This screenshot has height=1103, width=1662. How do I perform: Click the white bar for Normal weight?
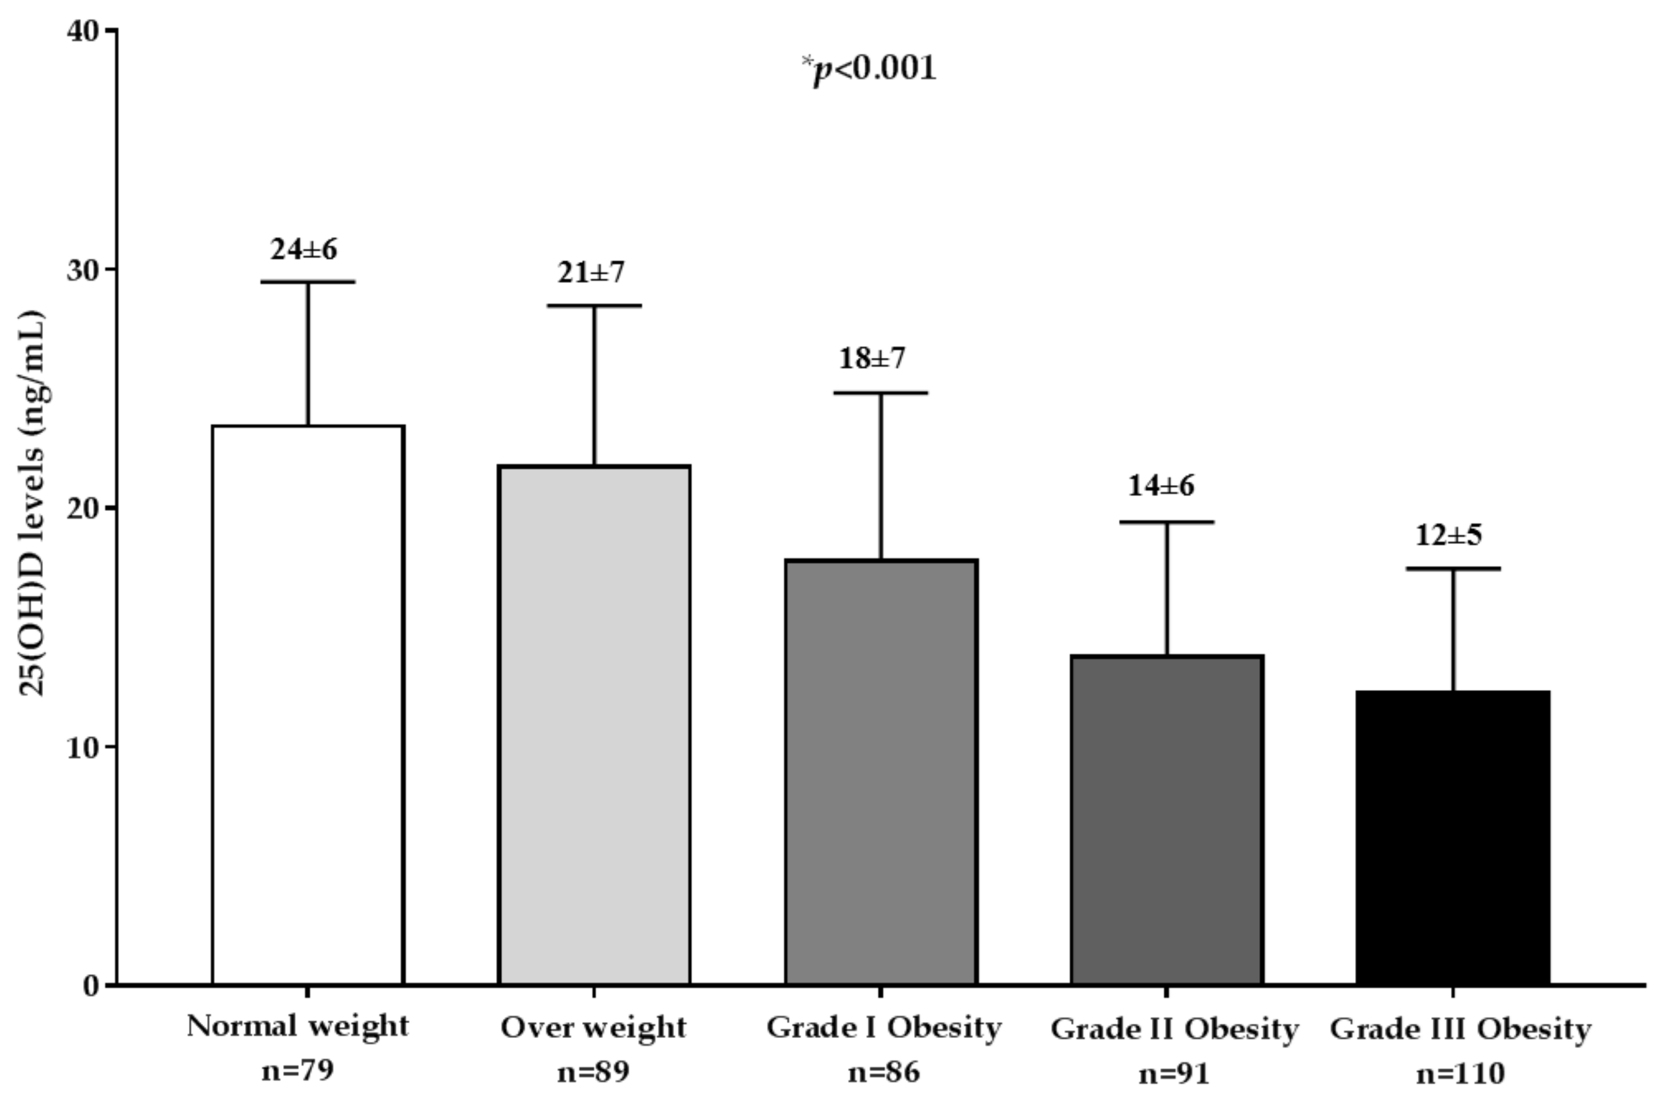(308, 703)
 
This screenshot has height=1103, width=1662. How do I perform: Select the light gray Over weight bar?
(594, 725)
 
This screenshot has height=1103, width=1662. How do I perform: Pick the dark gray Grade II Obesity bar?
(1167, 819)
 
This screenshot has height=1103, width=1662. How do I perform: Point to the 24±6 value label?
(304, 249)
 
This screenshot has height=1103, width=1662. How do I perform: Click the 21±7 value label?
(591, 272)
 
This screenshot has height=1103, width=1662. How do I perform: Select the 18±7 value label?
(872, 359)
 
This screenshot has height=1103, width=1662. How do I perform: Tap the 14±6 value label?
(1161, 485)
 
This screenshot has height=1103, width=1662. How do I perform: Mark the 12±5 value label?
(1448, 536)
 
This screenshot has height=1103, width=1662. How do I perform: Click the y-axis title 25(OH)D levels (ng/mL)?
(31, 503)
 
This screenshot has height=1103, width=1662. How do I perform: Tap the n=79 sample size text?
(297, 1072)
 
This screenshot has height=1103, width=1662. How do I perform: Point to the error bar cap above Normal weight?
(308, 282)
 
